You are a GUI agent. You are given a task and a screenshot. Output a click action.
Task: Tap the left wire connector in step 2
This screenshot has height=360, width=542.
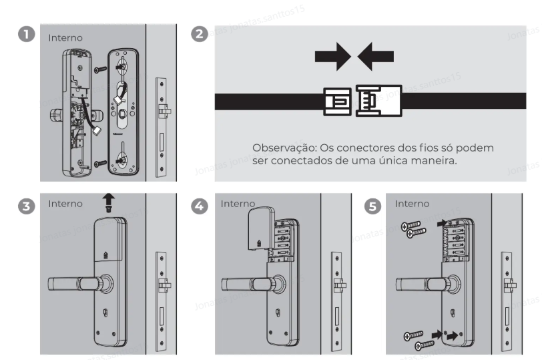click(x=338, y=102)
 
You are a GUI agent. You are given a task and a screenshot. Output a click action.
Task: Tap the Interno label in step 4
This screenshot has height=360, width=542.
click(x=238, y=203)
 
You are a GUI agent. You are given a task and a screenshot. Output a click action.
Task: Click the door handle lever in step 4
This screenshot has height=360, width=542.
click(x=246, y=284)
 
